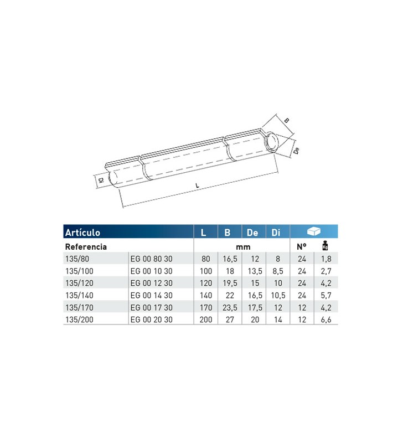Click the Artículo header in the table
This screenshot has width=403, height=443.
[83, 233]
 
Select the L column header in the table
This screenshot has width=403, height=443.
[204, 233]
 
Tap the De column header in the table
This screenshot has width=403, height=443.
[252, 233]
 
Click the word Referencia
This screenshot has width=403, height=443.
[86, 246]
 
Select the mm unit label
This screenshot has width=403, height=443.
[241, 246]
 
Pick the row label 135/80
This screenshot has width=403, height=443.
[75, 259]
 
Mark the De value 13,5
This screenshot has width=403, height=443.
[252, 271]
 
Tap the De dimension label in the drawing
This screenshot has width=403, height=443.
[297, 150]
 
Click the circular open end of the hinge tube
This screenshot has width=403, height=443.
[272, 142]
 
